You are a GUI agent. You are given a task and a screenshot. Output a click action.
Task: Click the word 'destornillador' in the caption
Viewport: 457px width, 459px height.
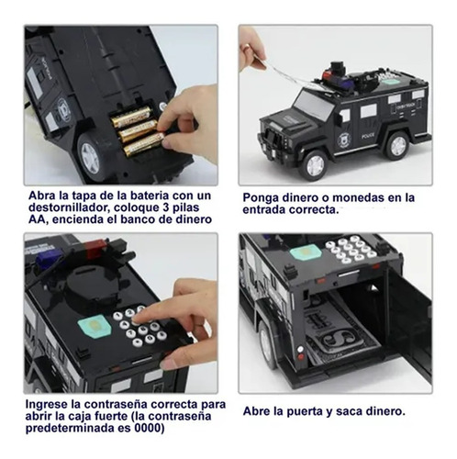coord(68,207)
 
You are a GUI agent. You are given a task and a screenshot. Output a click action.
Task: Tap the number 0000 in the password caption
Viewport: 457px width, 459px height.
coord(148,428)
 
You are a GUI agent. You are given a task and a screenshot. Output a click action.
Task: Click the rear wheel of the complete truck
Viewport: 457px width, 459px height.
coord(397,145)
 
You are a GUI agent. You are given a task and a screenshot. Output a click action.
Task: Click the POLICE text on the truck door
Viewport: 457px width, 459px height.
coord(368,136)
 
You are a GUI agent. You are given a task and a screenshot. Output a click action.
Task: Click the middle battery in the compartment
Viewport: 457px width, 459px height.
coord(138,130)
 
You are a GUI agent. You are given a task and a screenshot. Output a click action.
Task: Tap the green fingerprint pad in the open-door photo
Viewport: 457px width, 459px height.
coord(306,253)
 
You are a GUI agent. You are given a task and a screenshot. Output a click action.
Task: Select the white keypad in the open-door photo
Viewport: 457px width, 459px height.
coord(351,250)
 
